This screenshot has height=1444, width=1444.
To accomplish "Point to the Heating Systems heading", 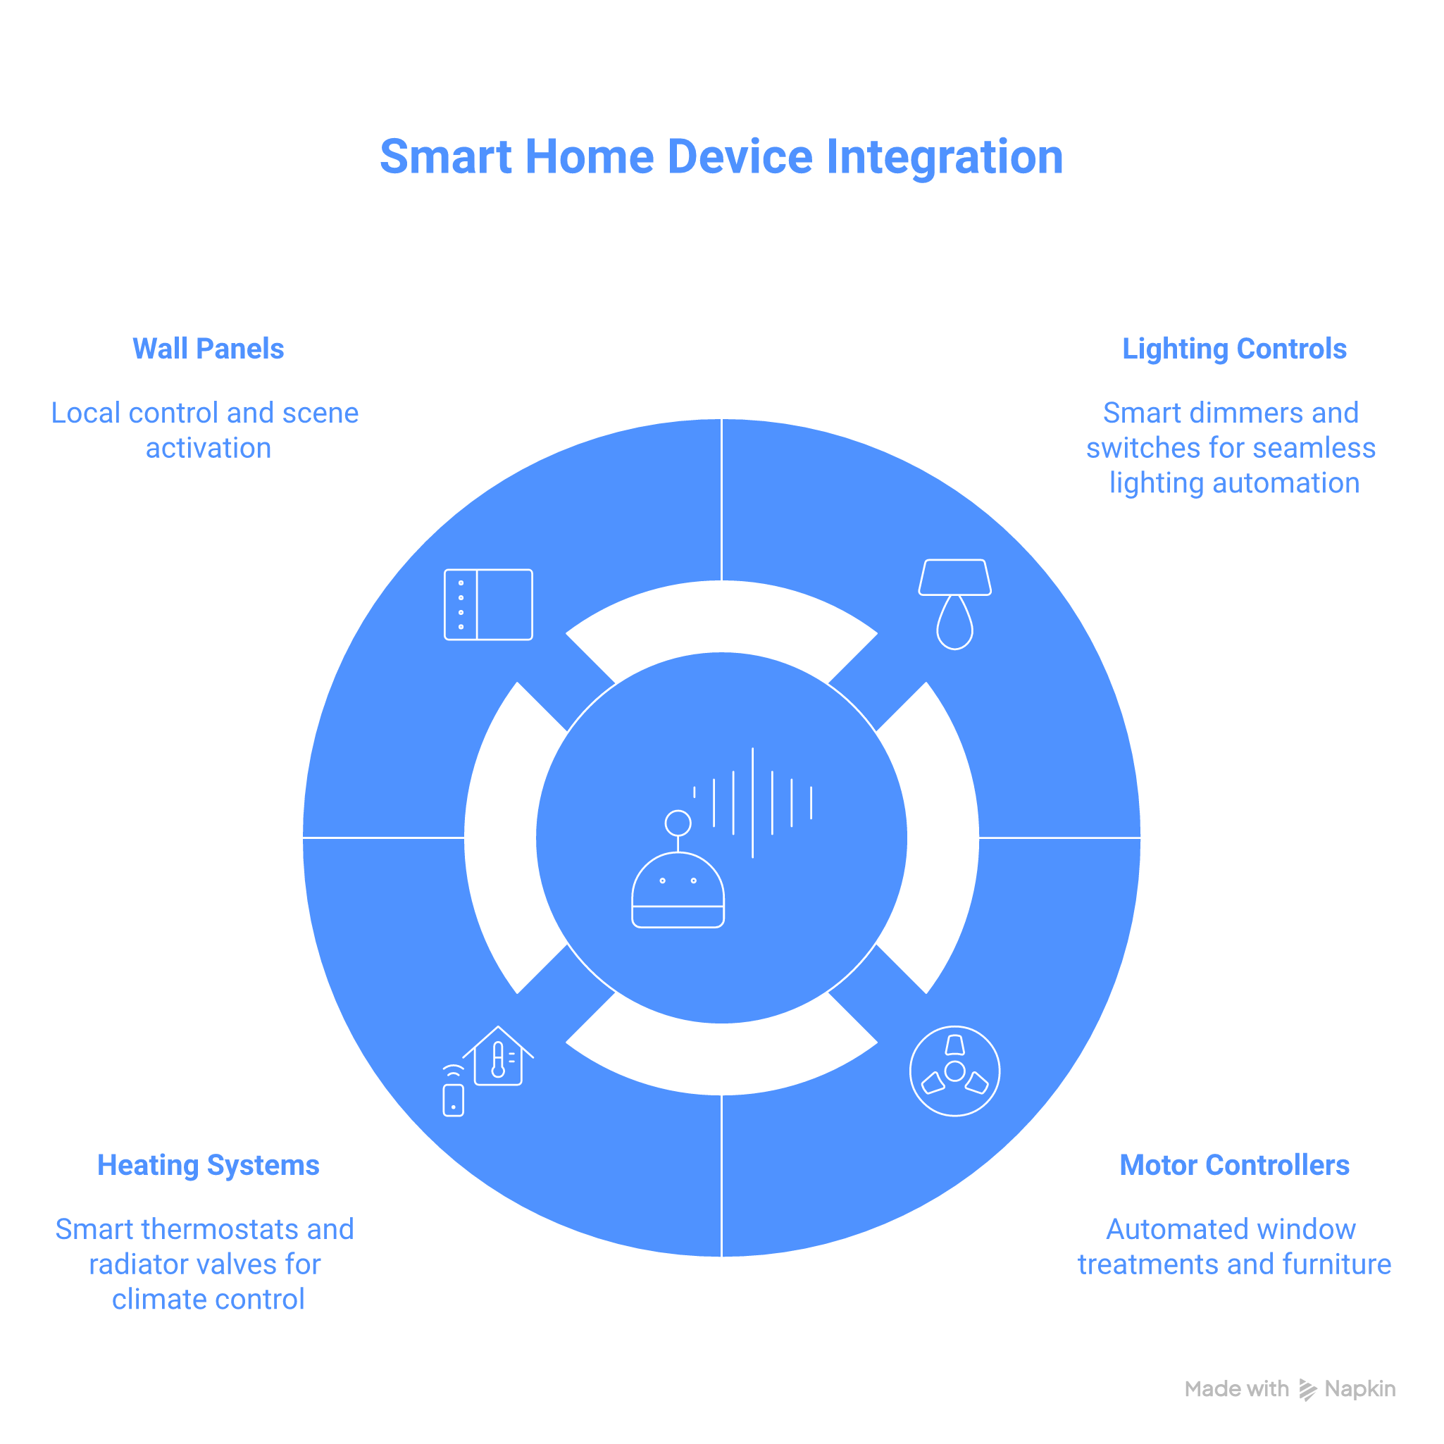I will tap(208, 1165).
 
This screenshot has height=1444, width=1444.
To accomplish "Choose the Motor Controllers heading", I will tap(1234, 1165).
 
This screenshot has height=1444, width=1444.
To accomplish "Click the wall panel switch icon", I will tap(488, 604).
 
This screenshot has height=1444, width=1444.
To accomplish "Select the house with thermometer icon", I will tap(498, 1055).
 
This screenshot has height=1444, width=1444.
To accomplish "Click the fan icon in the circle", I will tap(954, 1071).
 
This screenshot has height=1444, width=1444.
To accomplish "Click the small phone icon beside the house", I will tap(453, 1100).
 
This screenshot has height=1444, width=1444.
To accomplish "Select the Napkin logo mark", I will tap(1308, 1390).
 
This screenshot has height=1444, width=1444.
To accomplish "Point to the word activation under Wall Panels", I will tap(208, 448).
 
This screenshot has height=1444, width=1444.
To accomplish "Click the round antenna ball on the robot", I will tap(678, 823).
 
